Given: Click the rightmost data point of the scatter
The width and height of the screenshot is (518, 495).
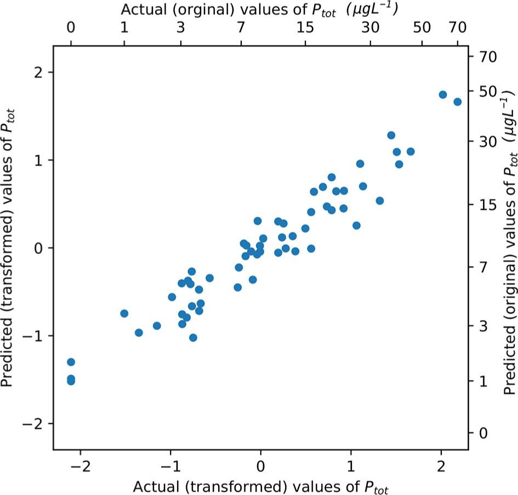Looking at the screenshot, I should click(x=457, y=102).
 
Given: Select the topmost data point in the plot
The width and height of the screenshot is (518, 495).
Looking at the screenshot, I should click(x=443, y=95).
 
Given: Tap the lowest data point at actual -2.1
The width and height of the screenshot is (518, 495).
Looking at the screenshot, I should click(x=71, y=381).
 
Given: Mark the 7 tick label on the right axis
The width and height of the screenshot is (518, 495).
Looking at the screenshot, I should click(x=485, y=267).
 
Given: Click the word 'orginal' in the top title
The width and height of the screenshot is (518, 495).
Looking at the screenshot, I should click(x=190, y=10).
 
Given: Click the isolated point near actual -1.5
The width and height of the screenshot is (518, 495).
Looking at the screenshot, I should click(x=124, y=313).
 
